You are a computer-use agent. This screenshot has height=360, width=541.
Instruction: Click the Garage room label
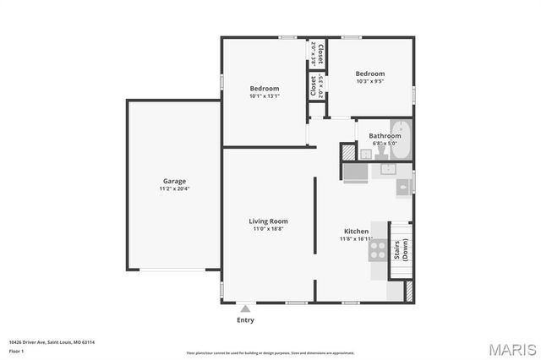174,181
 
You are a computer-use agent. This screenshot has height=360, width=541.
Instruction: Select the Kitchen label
356,231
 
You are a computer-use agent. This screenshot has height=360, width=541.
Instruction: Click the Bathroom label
385,135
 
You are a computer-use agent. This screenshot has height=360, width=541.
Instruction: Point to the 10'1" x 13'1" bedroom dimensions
264,96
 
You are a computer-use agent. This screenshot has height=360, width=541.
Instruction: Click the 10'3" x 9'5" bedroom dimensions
369,82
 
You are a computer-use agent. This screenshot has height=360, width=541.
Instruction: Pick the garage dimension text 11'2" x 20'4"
174,188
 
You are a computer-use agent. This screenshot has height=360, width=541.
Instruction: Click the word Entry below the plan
245,320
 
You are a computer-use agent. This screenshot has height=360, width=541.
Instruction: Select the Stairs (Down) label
402,250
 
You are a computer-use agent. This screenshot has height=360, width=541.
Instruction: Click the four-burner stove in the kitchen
378,249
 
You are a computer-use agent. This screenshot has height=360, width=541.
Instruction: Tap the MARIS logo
505,348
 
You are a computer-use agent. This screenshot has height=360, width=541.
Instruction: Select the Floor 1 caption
16,351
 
